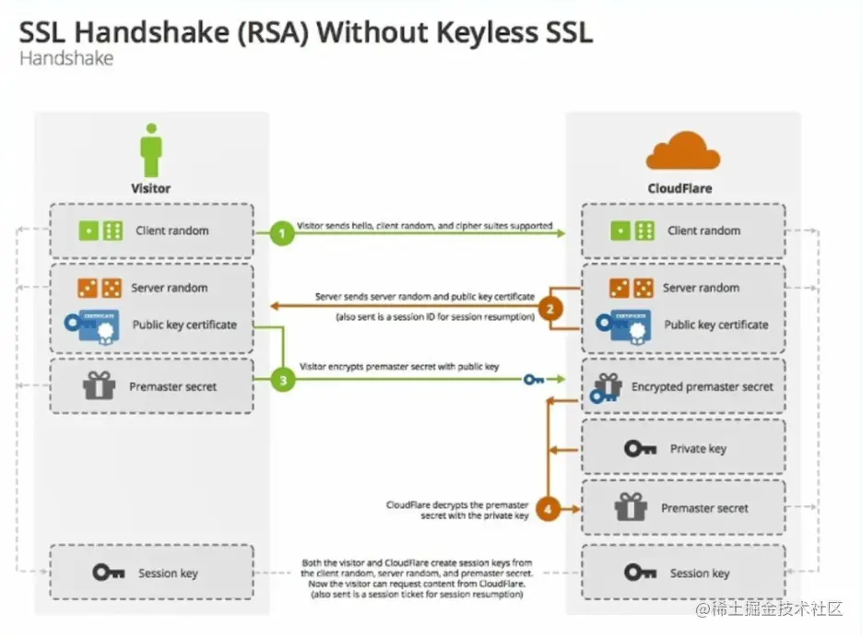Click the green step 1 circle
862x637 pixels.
pyautogui.click(x=282, y=233)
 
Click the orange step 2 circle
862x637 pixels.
pyautogui.click(x=550, y=309)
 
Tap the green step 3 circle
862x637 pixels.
pyautogui.click(x=282, y=379)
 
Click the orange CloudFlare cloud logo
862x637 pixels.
pyautogui.click(x=683, y=152)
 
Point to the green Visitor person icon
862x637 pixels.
pyautogui.click(x=151, y=152)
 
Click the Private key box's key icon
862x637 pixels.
pyautogui.click(x=640, y=449)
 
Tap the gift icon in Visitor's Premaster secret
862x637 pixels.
pyautogui.click(x=99, y=386)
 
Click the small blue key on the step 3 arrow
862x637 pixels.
pyautogui.click(x=533, y=378)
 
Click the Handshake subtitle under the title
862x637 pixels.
pyautogui.click(x=65, y=59)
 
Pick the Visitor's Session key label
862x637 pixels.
pyautogui.click(x=168, y=573)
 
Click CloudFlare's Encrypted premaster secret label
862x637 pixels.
pyautogui.click(x=703, y=387)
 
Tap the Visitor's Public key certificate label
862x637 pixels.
pyautogui.click(x=184, y=324)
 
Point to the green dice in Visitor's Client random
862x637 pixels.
pyautogui.click(x=100, y=230)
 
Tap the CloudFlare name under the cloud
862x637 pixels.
pyautogui.click(x=680, y=188)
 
